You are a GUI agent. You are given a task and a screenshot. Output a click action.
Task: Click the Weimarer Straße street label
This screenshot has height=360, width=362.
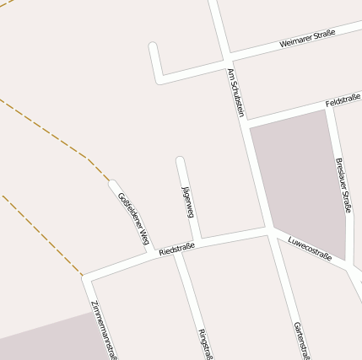(x=307, y=38)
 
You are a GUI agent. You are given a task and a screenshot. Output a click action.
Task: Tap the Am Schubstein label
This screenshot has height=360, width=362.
(x=235, y=93)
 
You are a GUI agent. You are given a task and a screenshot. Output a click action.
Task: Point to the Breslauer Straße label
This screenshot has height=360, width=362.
(x=343, y=185)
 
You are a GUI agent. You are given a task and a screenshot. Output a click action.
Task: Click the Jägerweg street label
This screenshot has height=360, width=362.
(x=187, y=199)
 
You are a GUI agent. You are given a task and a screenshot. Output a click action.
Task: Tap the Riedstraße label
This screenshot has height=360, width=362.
(x=176, y=250)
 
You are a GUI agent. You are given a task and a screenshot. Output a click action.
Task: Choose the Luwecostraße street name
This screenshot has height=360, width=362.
(x=311, y=247)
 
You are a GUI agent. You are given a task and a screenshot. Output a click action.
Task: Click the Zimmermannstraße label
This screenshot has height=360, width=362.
(x=102, y=329)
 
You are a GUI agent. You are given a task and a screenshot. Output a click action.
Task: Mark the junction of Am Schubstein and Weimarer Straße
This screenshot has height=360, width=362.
(x=226, y=62)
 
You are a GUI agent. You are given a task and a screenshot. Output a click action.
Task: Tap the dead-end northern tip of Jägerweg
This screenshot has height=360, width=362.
(x=180, y=159)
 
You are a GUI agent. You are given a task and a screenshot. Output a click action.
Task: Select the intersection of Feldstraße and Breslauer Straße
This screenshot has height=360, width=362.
(x=330, y=105)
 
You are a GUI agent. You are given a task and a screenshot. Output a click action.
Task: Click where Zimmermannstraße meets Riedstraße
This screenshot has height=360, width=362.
(x=85, y=277)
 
